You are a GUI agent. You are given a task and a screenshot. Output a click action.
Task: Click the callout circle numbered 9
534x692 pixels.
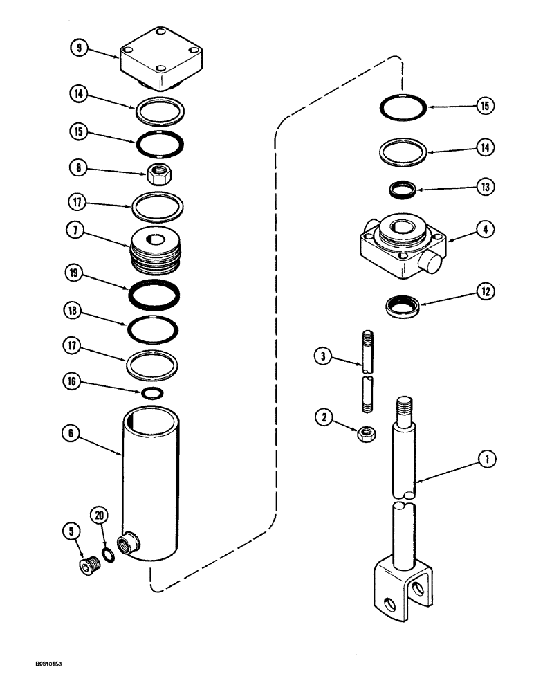80,49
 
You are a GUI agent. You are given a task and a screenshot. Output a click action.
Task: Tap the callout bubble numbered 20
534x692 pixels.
100,516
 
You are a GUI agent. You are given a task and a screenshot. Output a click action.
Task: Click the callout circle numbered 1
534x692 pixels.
487,457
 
